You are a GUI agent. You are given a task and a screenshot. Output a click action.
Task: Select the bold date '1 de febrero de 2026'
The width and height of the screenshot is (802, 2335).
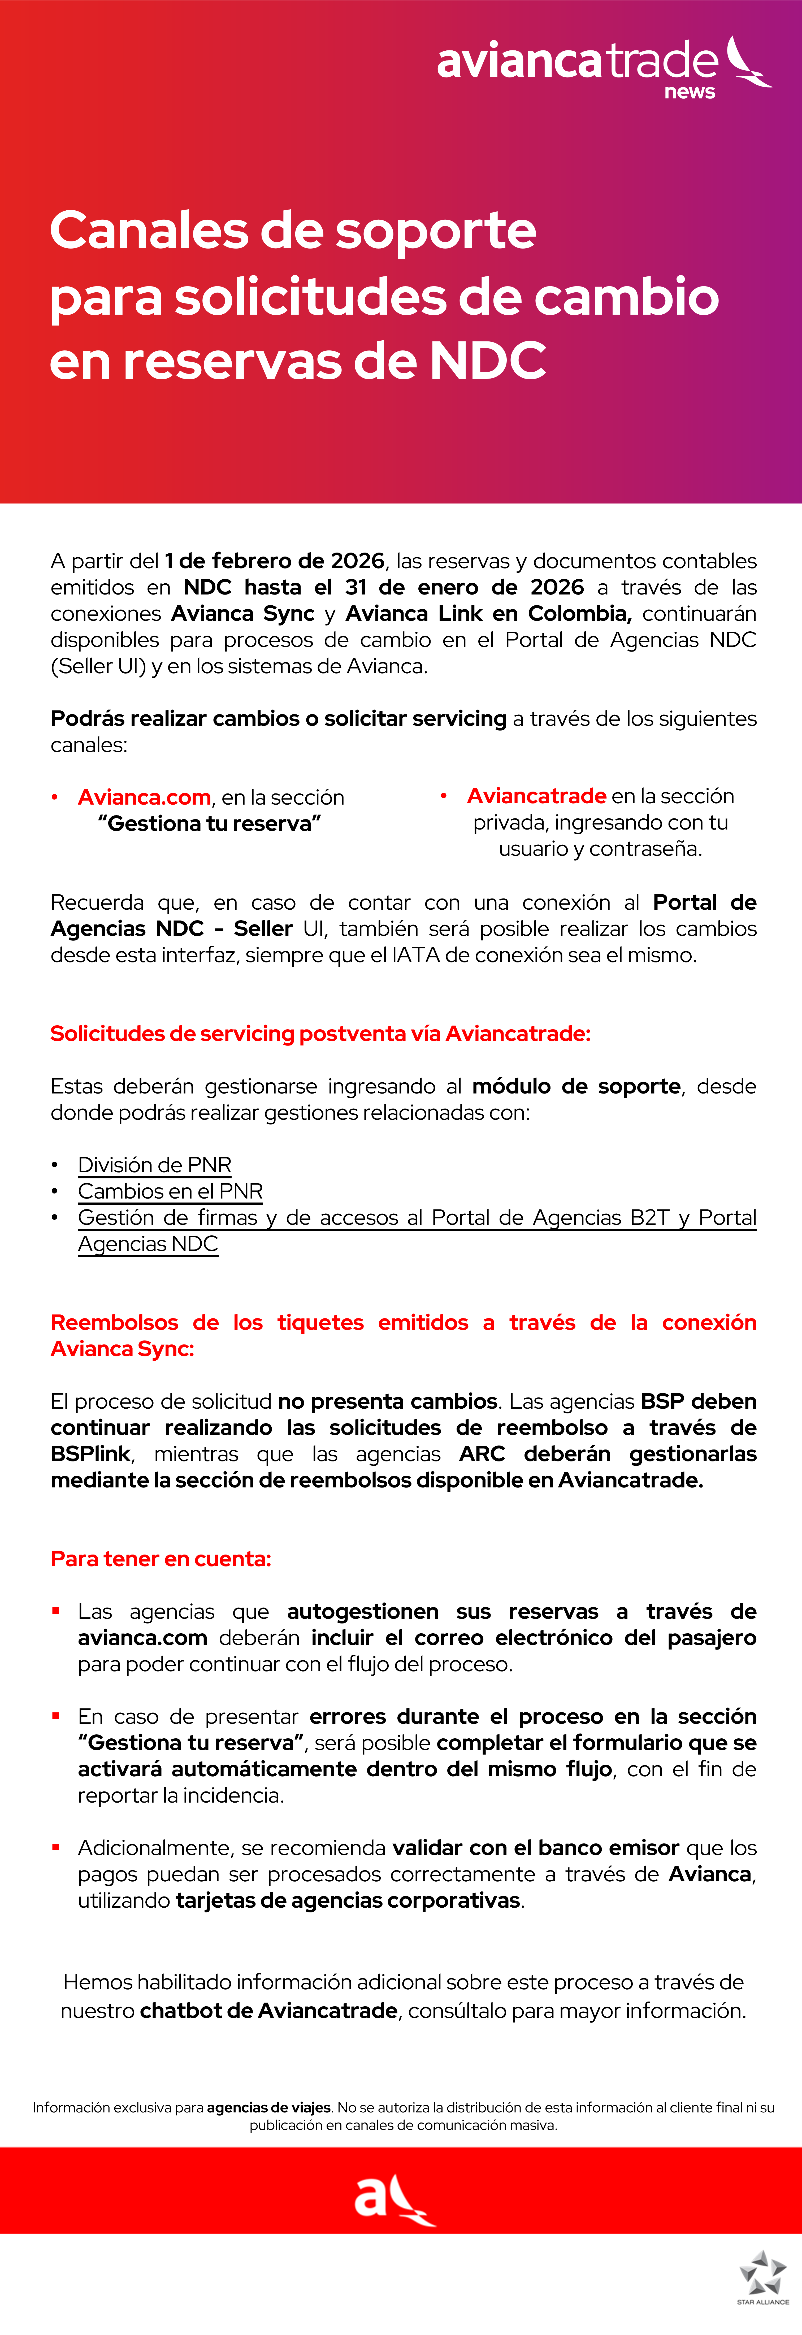pos(275,561)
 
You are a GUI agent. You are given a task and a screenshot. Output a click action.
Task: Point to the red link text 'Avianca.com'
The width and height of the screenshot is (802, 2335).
pos(144,798)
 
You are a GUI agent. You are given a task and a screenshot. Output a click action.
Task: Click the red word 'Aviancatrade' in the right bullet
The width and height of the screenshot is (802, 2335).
pos(536,796)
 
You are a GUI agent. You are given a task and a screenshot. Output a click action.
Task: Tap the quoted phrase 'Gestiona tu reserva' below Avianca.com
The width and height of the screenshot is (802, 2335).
pos(209,824)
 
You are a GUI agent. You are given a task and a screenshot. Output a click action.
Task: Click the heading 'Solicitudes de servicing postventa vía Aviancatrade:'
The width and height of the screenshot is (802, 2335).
pos(320,1034)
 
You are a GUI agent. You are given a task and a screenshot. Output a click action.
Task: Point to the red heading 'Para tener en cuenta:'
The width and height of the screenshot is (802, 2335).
pos(161,1559)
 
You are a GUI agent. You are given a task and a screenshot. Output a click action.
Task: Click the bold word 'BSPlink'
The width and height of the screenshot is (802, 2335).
pos(91,1454)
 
